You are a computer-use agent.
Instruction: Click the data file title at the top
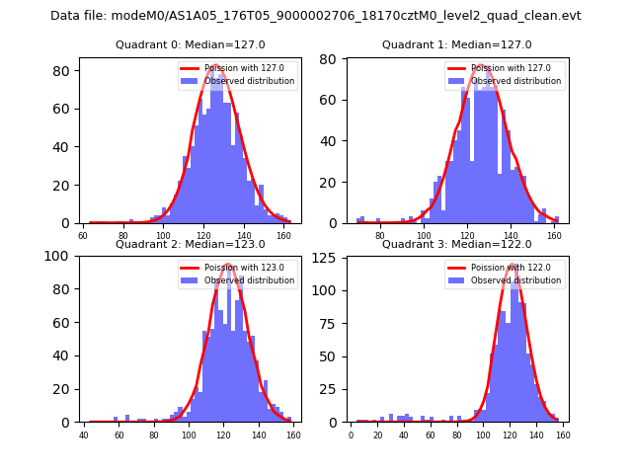pyautogui.click(x=316, y=16)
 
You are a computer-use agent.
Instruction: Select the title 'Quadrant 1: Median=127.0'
pyautogui.click(x=456, y=44)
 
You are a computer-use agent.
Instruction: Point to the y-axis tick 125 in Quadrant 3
pyautogui.click(x=328, y=256)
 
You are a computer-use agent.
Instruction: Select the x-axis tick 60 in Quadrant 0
pyautogui.click(x=83, y=236)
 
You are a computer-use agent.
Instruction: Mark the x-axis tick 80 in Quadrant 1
pyautogui.click(x=380, y=236)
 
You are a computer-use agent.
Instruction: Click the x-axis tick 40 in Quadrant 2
pyautogui.click(x=84, y=434)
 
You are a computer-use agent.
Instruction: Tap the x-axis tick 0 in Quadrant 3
pyautogui.click(x=351, y=434)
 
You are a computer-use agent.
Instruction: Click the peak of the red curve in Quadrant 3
pyautogui.click(x=512, y=266)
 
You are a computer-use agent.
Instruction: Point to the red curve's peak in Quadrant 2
pyautogui.click(x=227, y=265)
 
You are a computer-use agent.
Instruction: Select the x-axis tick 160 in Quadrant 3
pyautogui.click(x=562, y=434)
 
